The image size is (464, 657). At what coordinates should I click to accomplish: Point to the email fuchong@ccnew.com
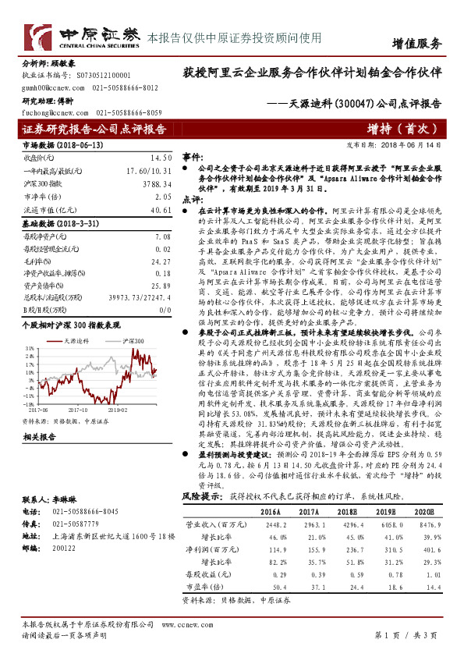tap(52, 112)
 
